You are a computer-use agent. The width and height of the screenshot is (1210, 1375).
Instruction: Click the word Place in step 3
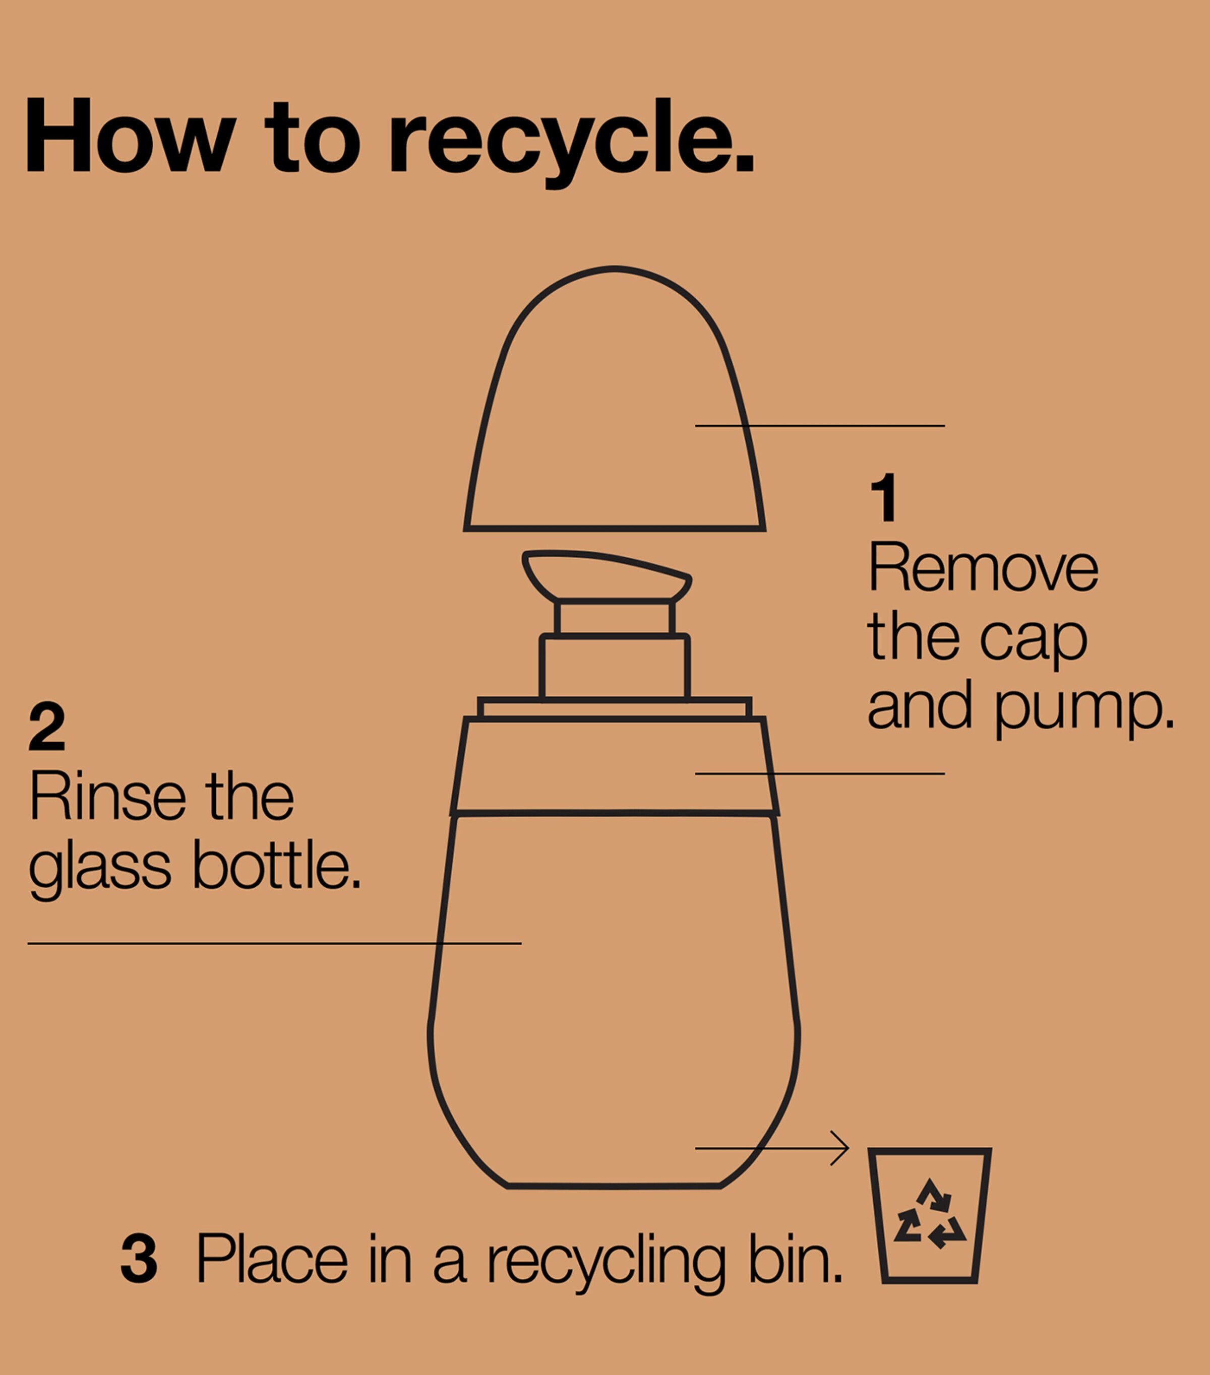272,1258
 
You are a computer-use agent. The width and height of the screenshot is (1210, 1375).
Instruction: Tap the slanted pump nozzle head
607,575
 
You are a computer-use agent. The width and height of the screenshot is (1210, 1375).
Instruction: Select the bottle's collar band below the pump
615,767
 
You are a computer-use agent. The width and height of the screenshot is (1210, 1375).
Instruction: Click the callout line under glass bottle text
275,944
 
